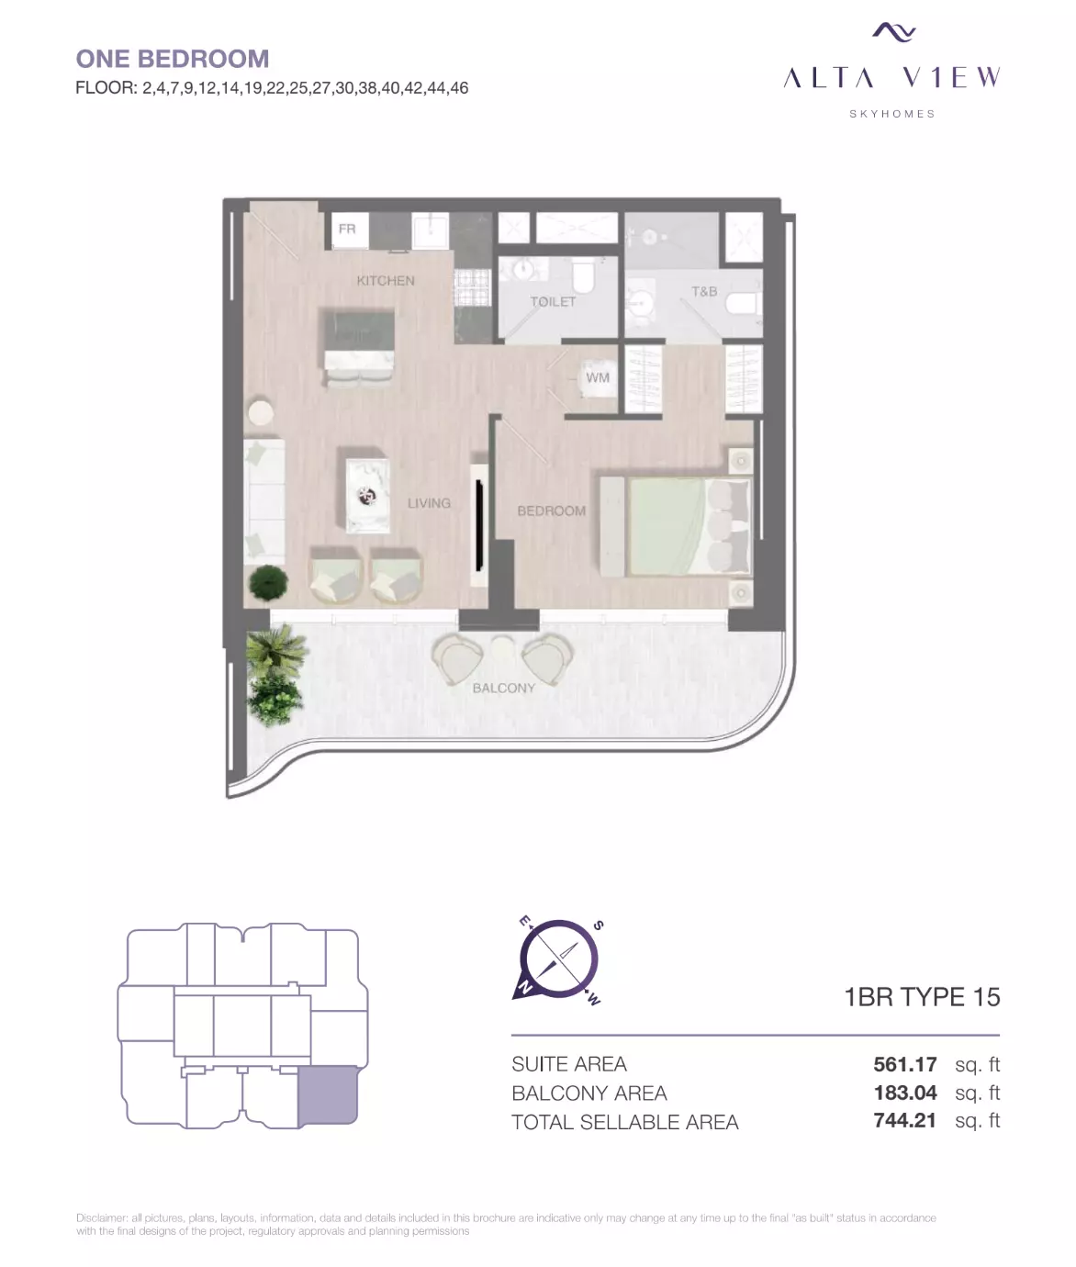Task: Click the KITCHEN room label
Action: click(x=386, y=281)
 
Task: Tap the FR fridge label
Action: click(x=347, y=230)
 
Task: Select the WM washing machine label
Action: click(x=597, y=377)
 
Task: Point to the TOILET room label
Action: click(x=553, y=301)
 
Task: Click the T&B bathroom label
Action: click(x=704, y=292)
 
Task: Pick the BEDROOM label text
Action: click(x=551, y=511)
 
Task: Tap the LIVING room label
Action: click(x=429, y=503)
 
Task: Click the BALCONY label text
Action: click(x=504, y=689)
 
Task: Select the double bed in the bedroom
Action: click(x=676, y=527)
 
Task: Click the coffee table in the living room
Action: click(x=367, y=496)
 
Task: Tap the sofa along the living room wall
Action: click(x=264, y=500)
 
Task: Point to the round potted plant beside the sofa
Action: click(x=268, y=583)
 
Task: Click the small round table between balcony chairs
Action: click(x=502, y=647)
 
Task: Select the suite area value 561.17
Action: click(x=905, y=1065)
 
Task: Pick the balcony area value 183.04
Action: click(x=905, y=1093)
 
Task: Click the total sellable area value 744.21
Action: click(x=905, y=1121)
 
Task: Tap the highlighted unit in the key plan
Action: click(x=328, y=1096)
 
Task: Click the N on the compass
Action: click(x=525, y=988)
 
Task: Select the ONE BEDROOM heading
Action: click(x=173, y=59)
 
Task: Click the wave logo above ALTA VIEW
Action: click(x=894, y=32)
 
